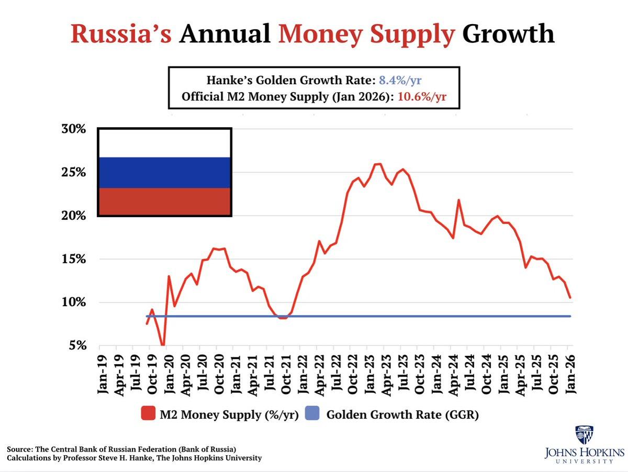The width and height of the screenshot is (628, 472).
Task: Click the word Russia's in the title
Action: (120, 34)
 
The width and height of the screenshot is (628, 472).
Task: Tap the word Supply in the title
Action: (413, 34)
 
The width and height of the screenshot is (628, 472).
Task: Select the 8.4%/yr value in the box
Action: (400, 81)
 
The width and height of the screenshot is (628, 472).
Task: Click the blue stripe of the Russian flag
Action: (164, 172)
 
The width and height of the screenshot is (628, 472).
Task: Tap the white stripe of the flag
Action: (164, 143)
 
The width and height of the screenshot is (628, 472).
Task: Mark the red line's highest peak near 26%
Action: (378, 164)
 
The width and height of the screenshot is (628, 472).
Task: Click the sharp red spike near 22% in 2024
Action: (458, 200)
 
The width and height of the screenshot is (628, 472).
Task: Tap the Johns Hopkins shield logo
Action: (584, 434)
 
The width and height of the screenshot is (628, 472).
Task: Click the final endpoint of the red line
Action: (570, 298)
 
